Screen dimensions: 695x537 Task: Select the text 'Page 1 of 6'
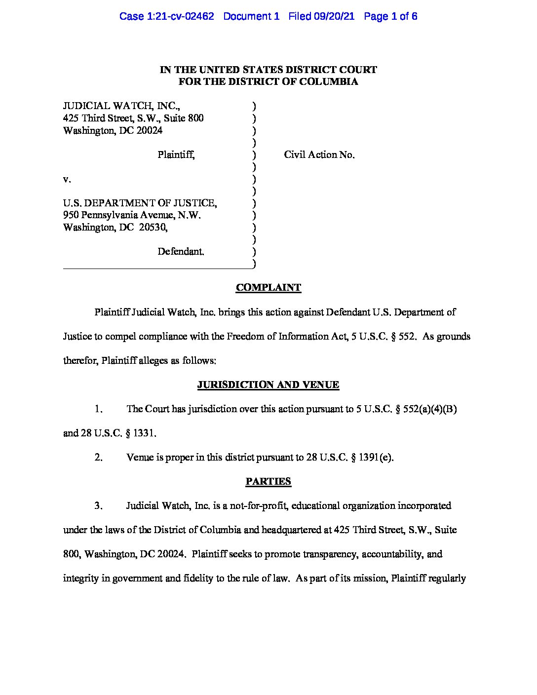[390, 16]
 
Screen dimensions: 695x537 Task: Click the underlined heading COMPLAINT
[268, 287]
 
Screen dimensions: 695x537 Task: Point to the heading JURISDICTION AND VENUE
[268, 385]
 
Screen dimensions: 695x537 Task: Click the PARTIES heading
[268, 481]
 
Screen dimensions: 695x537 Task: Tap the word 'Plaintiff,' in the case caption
[176, 154]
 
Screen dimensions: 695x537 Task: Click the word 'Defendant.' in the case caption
[181, 251]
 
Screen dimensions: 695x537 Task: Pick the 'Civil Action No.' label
[319, 154]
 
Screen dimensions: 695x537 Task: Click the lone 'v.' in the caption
[67, 179]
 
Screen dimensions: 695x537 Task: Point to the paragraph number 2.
[98, 457]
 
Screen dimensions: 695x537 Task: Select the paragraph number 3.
[98, 505]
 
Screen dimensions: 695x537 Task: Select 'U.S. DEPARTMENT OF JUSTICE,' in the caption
[140, 203]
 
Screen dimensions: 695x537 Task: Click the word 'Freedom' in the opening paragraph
[244, 336]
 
